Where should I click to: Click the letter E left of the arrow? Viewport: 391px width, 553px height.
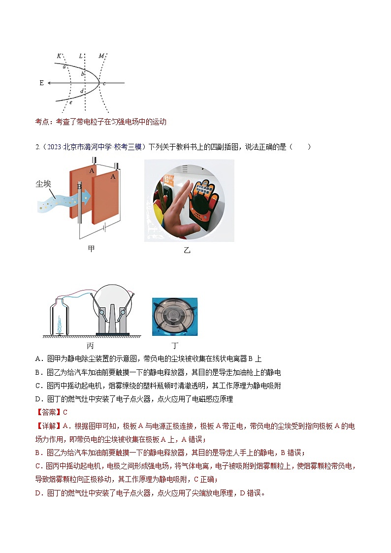click(42, 83)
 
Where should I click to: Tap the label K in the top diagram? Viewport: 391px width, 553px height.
click(59, 56)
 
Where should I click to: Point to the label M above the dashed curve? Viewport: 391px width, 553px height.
click(101, 56)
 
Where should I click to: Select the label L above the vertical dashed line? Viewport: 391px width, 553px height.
click(81, 56)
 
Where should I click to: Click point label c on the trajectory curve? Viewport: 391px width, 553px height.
click(104, 84)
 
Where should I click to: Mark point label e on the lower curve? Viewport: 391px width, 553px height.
click(71, 102)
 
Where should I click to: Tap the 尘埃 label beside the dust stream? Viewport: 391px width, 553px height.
click(44, 183)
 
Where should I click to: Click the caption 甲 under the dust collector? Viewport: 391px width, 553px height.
click(91, 249)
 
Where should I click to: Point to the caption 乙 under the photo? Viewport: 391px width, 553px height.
click(187, 250)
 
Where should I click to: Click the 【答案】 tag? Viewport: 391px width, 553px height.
click(49, 412)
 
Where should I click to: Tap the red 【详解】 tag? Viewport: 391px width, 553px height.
click(49, 426)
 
